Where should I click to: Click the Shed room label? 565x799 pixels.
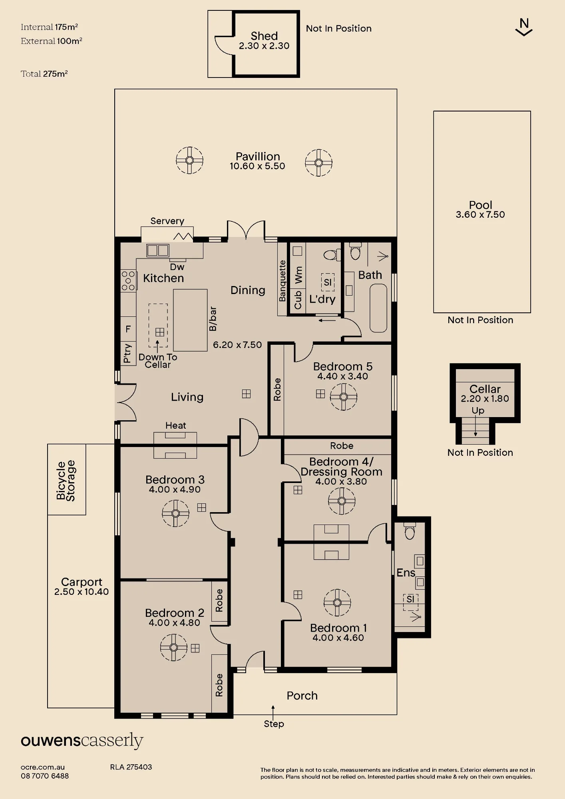pos(264,36)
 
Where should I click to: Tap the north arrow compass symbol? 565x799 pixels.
pos(524,27)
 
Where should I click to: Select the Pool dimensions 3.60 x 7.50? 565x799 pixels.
pos(480,215)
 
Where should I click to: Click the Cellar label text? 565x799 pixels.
pos(485,389)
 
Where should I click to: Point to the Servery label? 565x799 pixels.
pos(167,221)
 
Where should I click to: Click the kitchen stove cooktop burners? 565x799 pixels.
pos(128,280)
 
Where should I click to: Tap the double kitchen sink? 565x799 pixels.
pos(158,250)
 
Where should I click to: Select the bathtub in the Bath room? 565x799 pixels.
pos(378,308)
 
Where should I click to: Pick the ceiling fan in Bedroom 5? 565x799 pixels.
pos(343,397)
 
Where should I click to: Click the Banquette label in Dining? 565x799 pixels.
pos(282,281)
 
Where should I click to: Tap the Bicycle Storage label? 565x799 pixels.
pos(66,481)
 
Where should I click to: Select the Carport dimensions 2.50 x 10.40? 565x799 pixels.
pos(82,592)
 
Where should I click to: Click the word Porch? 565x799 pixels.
pos(302,696)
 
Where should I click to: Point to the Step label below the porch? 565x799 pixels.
pos(274,723)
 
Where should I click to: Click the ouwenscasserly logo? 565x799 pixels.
pos(82,741)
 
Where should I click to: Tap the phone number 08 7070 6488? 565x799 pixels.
pos(45,776)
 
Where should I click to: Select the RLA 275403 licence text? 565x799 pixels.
pos(131,767)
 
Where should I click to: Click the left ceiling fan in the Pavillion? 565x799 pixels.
pos(190,160)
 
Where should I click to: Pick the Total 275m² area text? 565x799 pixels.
pos(44,74)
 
